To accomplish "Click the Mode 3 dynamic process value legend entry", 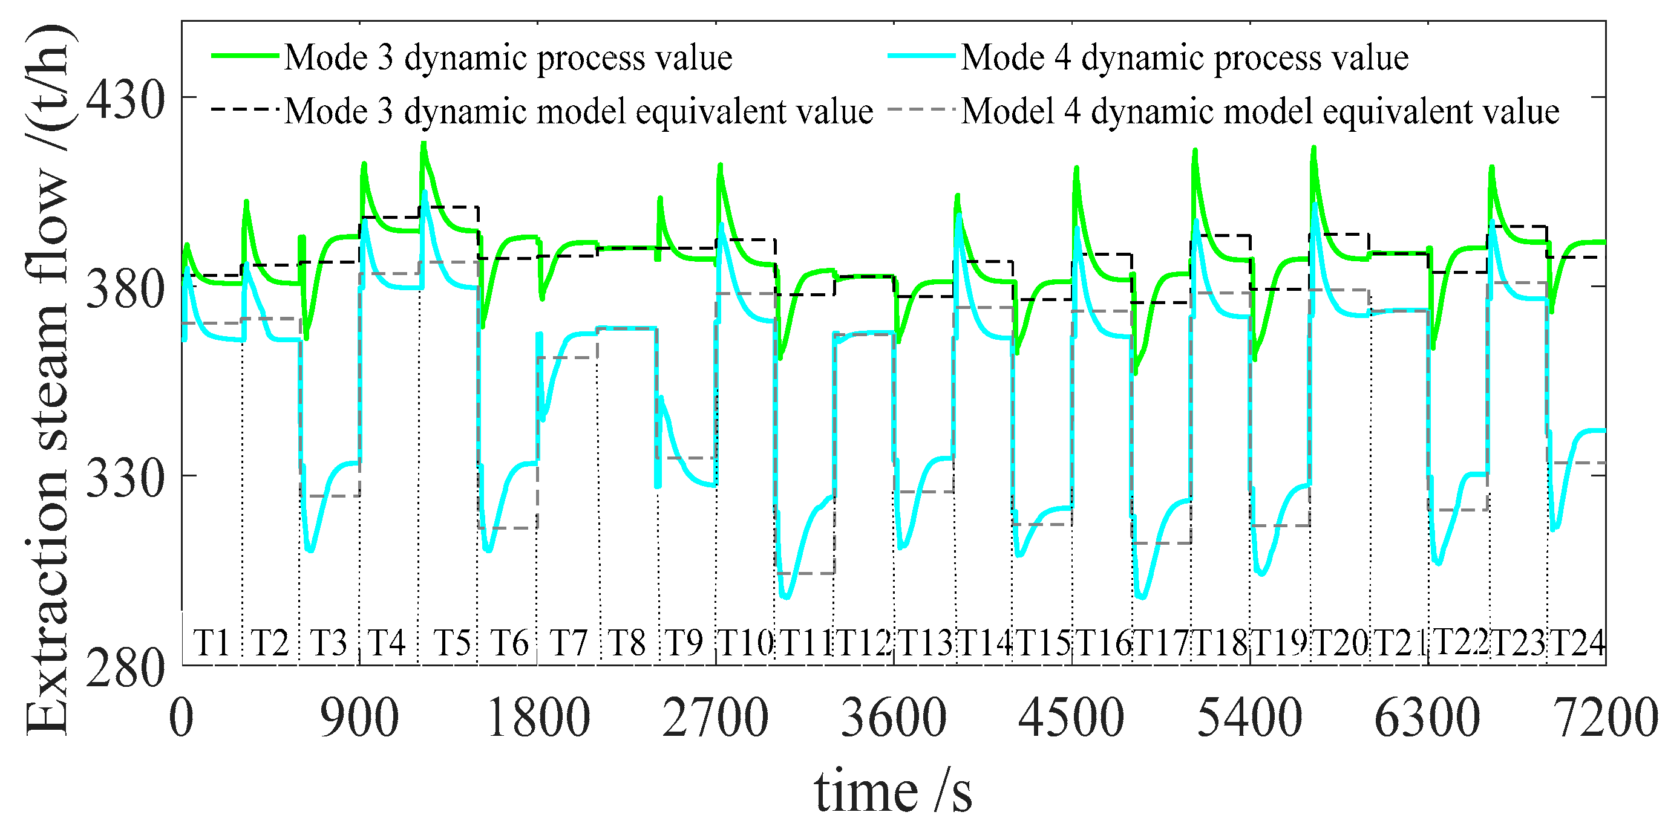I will click(x=508, y=57).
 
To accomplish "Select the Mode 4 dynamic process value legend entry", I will click(x=1183, y=57).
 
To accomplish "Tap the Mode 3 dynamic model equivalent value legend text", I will click(x=578, y=111).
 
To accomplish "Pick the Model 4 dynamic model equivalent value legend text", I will click(x=1260, y=111).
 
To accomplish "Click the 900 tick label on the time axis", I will click(x=359, y=718).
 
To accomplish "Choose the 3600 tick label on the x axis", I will click(x=894, y=718).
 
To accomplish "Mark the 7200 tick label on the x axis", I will click(x=1604, y=718).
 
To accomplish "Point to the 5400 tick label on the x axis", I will click(x=1249, y=718).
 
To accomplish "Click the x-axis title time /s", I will click(x=893, y=791).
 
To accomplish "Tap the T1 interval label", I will click(x=212, y=643).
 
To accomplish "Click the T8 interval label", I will click(x=627, y=643).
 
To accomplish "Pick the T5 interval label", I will click(x=451, y=643).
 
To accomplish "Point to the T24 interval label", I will click(x=1578, y=643).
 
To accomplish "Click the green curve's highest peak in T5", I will click(x=424, y=144).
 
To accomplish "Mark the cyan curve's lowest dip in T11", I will click(x=786, y=597).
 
